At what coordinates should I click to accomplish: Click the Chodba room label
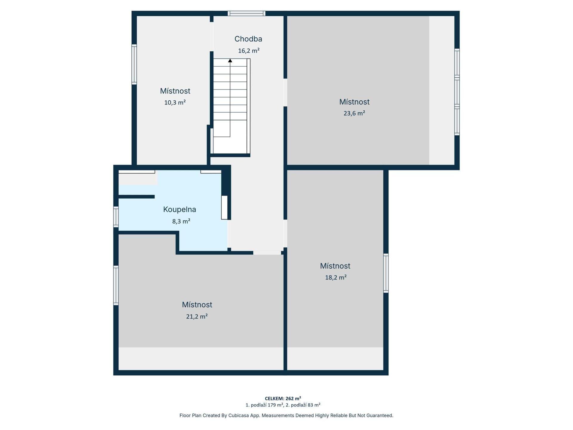pyautogui.click(x=248, y=39)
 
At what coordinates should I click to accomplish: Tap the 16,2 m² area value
pyautogui.click(x=249, y=50)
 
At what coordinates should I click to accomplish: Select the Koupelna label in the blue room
pyautogui.click(x=180, y=210)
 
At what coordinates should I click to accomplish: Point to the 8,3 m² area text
pyautogui.click(x=181, y=221)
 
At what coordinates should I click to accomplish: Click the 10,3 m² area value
pyautogui.click(x=175, y=102)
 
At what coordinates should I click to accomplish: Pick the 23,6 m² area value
pyautogui.click(x=354, y=113)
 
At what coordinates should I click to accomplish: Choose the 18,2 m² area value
pyautogui.click(x=336, y=277)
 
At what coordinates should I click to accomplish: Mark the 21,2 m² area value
pyautogui.click(x=197, y=316)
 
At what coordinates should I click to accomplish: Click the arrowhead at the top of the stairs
pyautogui.click(x=230, y=61)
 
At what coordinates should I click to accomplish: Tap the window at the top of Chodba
pyautogui.click(x=247, y=13)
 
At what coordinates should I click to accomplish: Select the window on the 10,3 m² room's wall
pyautogui.click(x=134, y=64)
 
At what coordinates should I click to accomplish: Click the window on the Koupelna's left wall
pyautogui.click(x=116, y=217)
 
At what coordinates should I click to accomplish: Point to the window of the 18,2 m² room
pyautogui.click(x=386, y=273)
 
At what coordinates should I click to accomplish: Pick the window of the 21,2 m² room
pyautogui.click(x=116, y=285)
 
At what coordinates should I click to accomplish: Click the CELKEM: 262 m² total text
pyautogui.click(x=283, y=398)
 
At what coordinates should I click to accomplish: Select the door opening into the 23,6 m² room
pyautogui.click(x=285, y=93)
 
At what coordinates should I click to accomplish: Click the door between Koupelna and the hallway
pyautogui.click(x=229, y=234)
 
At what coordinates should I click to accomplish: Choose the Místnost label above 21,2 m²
pyautogui.click(x=197, y=305)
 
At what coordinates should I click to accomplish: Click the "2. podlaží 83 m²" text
pyautogui.click(x=303, y=405)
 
